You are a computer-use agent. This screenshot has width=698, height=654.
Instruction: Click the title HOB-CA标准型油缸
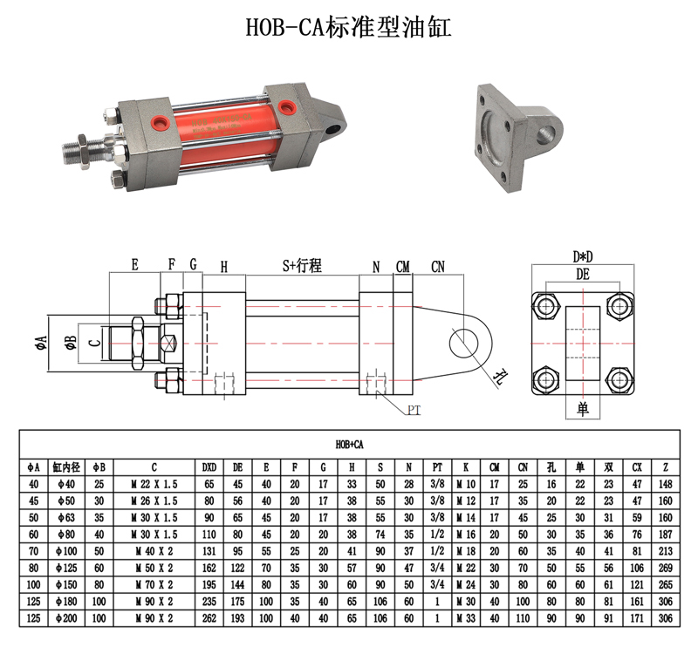[x=348, y=27]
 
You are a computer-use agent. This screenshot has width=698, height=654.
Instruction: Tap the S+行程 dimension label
[x=302, y=266]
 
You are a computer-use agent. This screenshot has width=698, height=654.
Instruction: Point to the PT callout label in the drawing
[x=414, y=410]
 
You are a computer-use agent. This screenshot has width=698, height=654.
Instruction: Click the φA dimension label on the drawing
[x=41, y=343]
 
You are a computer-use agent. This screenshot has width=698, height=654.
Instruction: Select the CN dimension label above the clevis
[x=438, y=267]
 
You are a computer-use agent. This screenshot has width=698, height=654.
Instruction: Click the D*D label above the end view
[x=583, y=256]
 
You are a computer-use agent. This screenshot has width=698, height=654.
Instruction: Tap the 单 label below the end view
[x=583, y=409]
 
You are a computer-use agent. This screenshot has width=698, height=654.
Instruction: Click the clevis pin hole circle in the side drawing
[x=463, y=344]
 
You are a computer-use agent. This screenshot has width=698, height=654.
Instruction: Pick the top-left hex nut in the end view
[x=546, y=306]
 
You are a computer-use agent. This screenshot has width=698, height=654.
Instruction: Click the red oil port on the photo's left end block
[x=160, y=123]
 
